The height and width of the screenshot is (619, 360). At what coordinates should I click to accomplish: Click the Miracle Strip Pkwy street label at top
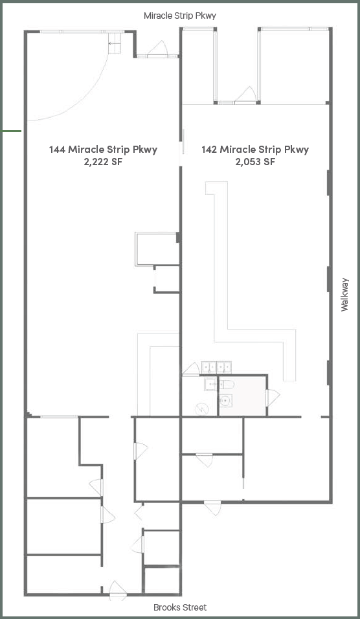(x=180, y=15)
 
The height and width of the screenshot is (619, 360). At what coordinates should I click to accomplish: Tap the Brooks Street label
(x=180, y=607)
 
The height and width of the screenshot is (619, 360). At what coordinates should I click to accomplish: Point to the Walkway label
(x=345, y=295)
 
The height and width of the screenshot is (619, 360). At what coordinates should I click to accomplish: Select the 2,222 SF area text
(x=103, y=162)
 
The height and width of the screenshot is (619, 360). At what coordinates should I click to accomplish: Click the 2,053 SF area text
(x=255, y=162)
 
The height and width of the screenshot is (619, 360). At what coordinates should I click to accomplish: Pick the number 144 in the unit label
(x=57, y=150)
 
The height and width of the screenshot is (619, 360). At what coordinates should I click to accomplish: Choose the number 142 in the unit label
(x=209, y=150)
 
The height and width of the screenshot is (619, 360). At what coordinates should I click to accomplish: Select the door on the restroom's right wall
(x=272, y=396)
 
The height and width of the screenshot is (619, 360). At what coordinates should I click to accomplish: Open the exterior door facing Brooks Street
(x=118, y=589)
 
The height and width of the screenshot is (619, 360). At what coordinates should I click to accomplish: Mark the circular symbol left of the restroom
(x=201, y=409)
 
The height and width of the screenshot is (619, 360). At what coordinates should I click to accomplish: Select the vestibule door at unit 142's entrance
(x=246, y=96)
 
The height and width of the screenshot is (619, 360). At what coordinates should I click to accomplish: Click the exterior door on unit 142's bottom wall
(x=212, y=506)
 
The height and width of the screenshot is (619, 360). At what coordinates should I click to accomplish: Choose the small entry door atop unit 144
(x=157, y=49)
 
